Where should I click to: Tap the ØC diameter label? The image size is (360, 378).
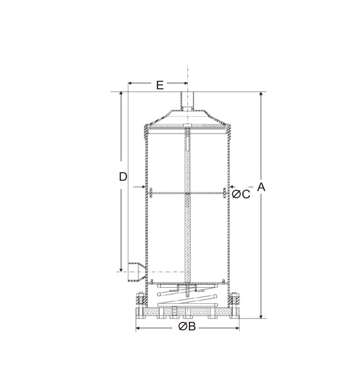click(x=241, y=194)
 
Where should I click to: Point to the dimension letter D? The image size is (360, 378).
click(x=123, y=176)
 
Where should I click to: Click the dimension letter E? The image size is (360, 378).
click(x=160, y=85)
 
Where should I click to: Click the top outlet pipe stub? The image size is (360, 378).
click(x=188, y=101)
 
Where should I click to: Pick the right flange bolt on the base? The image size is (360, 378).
click(x=235, y=300)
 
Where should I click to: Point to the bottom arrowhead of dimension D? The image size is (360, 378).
click(x=122, y=269)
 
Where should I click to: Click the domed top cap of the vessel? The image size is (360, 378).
click(x=188, y=117)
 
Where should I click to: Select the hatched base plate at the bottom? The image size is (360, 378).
click(x=188, y=313)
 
